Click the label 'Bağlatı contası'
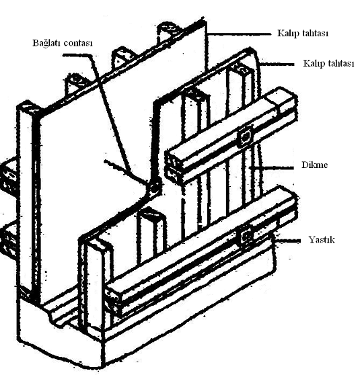pyautogui.click(x=63, y=43)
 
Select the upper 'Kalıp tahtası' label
pyautogui.click(x=303, y=33)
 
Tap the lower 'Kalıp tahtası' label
pyautogui.click(x=328, y=63)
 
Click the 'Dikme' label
pyautogui.click(x=314, y=165)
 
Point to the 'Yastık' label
pyautogui.click(x=322, y=239)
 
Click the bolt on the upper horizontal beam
pyautogui.click(x=246, y=137)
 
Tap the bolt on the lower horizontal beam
pyautogui.click(x=246, y=237)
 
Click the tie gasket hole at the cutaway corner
pyautogui.click(x=154, y=187)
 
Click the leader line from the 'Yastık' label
pyautogui.click(x=288, y=241)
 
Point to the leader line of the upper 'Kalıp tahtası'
pyautogui.click(x=240, y=34)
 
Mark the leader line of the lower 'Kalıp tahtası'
pyautogui.click(x=277, y=65)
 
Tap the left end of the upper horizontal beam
pyautogui.click(x=174, y=165)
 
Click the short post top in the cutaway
pyautogui.click(x=151, y=213)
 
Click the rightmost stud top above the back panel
pyautogui.click(x=169, y=29)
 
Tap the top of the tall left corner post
pyautogui.click(x=28, y=107)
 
